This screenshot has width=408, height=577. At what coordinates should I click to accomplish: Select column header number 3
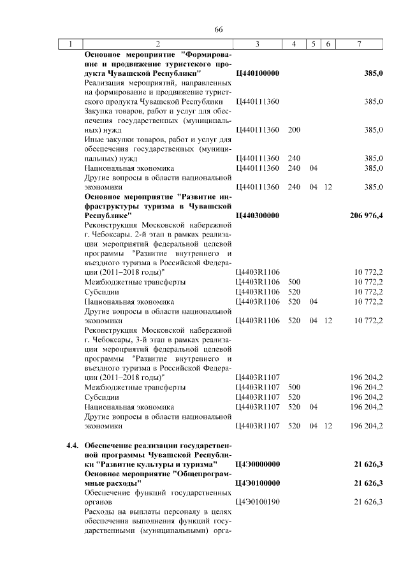(257, 44)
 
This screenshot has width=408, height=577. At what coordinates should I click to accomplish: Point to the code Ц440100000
(258, 74)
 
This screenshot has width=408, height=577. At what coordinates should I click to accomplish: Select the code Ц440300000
(258, 215)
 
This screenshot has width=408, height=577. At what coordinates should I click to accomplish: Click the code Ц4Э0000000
(258, 464)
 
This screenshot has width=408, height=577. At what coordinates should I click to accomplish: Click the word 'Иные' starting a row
(94, 140)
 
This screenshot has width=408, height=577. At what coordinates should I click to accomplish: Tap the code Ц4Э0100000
(258, 483)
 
